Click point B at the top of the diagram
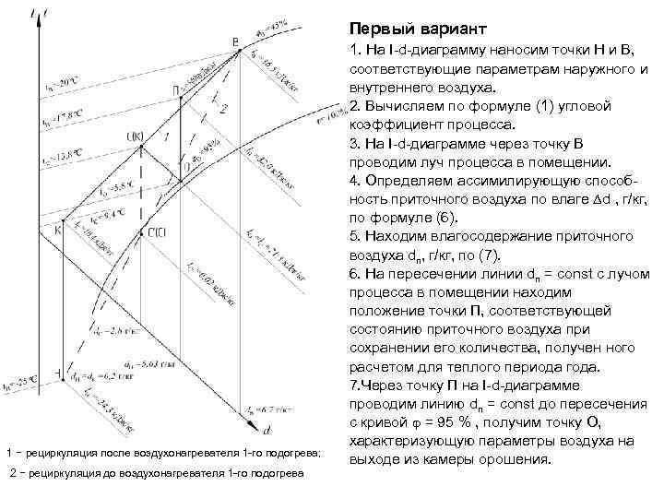coord(236,41)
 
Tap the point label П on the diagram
coord(175,90)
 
